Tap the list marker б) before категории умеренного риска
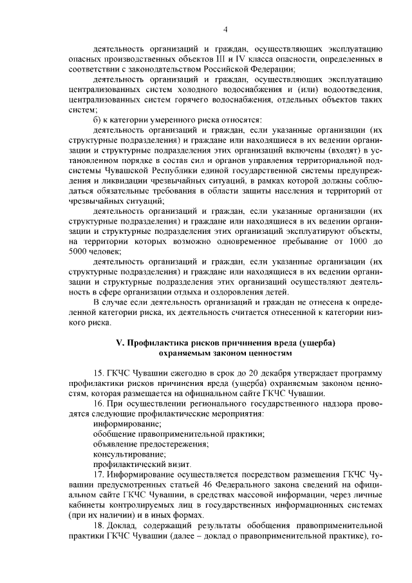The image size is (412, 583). [x=98, y=120]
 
